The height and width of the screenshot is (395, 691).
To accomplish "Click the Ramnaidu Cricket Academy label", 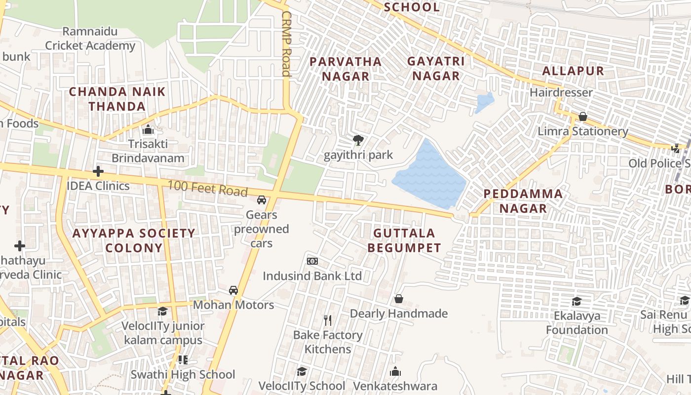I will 90,39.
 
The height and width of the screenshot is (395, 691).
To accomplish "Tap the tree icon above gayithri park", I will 358,140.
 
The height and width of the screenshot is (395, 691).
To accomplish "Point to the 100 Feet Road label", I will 207,189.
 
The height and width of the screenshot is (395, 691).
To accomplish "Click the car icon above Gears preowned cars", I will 262,200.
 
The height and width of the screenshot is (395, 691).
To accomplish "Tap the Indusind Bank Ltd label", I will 312,276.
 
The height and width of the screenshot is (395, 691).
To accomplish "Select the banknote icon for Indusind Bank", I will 312,261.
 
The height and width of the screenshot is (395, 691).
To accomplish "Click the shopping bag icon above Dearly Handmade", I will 398,299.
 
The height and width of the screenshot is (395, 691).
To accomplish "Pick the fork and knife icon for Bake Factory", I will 328,320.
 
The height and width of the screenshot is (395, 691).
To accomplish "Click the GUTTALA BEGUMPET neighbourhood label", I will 404,240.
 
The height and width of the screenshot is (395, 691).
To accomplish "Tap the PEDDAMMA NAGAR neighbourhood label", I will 523,201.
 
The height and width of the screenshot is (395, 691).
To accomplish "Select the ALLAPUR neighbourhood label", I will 573,71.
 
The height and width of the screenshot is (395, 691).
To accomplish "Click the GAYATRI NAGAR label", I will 436,68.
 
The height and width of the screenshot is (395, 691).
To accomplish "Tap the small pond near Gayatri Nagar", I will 485,103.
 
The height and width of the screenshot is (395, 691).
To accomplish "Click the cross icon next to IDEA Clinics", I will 98,171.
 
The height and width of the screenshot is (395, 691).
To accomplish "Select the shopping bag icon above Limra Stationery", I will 582,117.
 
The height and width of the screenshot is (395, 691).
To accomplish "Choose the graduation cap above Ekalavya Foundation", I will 576,301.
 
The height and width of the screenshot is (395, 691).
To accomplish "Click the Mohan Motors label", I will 233,305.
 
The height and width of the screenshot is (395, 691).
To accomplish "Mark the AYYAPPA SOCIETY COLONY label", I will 134,240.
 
